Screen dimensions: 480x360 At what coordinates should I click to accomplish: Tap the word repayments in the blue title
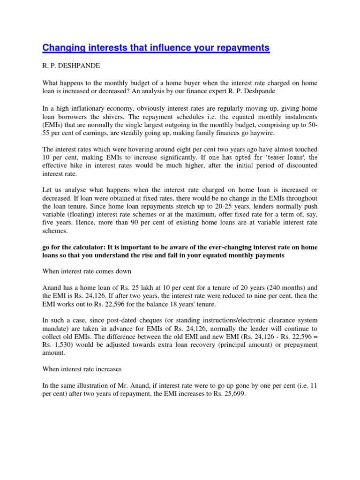tap(240, 47)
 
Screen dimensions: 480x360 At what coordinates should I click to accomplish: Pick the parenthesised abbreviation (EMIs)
tap(53, 125)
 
